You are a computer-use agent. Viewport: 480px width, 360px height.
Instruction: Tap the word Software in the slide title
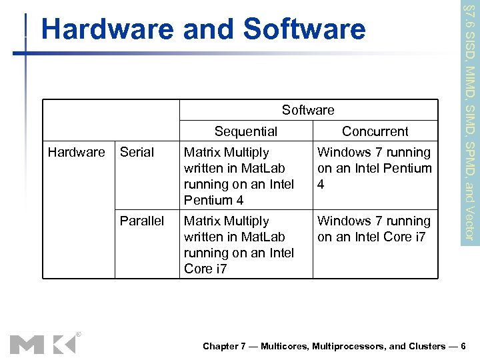(305, 29)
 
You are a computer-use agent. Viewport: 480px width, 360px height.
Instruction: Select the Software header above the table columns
(308, 110)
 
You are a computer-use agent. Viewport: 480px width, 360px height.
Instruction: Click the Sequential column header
(246, 131)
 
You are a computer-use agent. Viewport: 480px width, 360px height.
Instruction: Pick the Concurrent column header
(375, 131)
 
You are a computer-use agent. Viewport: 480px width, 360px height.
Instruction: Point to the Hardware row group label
(77, 152)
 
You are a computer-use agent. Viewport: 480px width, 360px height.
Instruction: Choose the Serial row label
(137, 152)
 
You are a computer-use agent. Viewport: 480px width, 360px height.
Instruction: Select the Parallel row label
(141, 221)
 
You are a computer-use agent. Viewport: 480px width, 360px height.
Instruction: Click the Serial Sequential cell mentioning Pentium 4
(239, 176)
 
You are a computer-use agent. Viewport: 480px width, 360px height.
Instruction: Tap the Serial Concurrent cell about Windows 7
(374, 168)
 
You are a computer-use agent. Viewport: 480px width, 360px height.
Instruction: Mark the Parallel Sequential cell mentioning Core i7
(239, 245)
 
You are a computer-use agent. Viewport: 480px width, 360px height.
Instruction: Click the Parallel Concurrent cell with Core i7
(374, 229)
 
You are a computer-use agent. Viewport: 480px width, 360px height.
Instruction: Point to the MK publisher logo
(43, 343)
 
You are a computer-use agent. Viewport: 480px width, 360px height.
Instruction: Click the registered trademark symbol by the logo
(79, 333)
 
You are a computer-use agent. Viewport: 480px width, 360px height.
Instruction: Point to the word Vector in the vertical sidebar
(471, 223)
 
